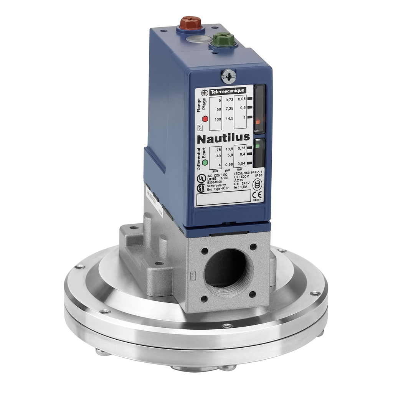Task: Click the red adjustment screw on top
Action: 190,23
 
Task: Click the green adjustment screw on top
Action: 223,39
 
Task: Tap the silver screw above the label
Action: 229,76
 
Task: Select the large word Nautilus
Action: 223,137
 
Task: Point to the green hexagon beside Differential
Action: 205,162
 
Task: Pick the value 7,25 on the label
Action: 230,109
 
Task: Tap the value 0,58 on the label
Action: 230,165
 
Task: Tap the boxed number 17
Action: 199,128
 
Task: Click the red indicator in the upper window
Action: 258,122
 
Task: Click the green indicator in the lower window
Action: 258,146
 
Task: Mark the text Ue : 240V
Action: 242,183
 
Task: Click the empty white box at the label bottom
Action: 223,198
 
